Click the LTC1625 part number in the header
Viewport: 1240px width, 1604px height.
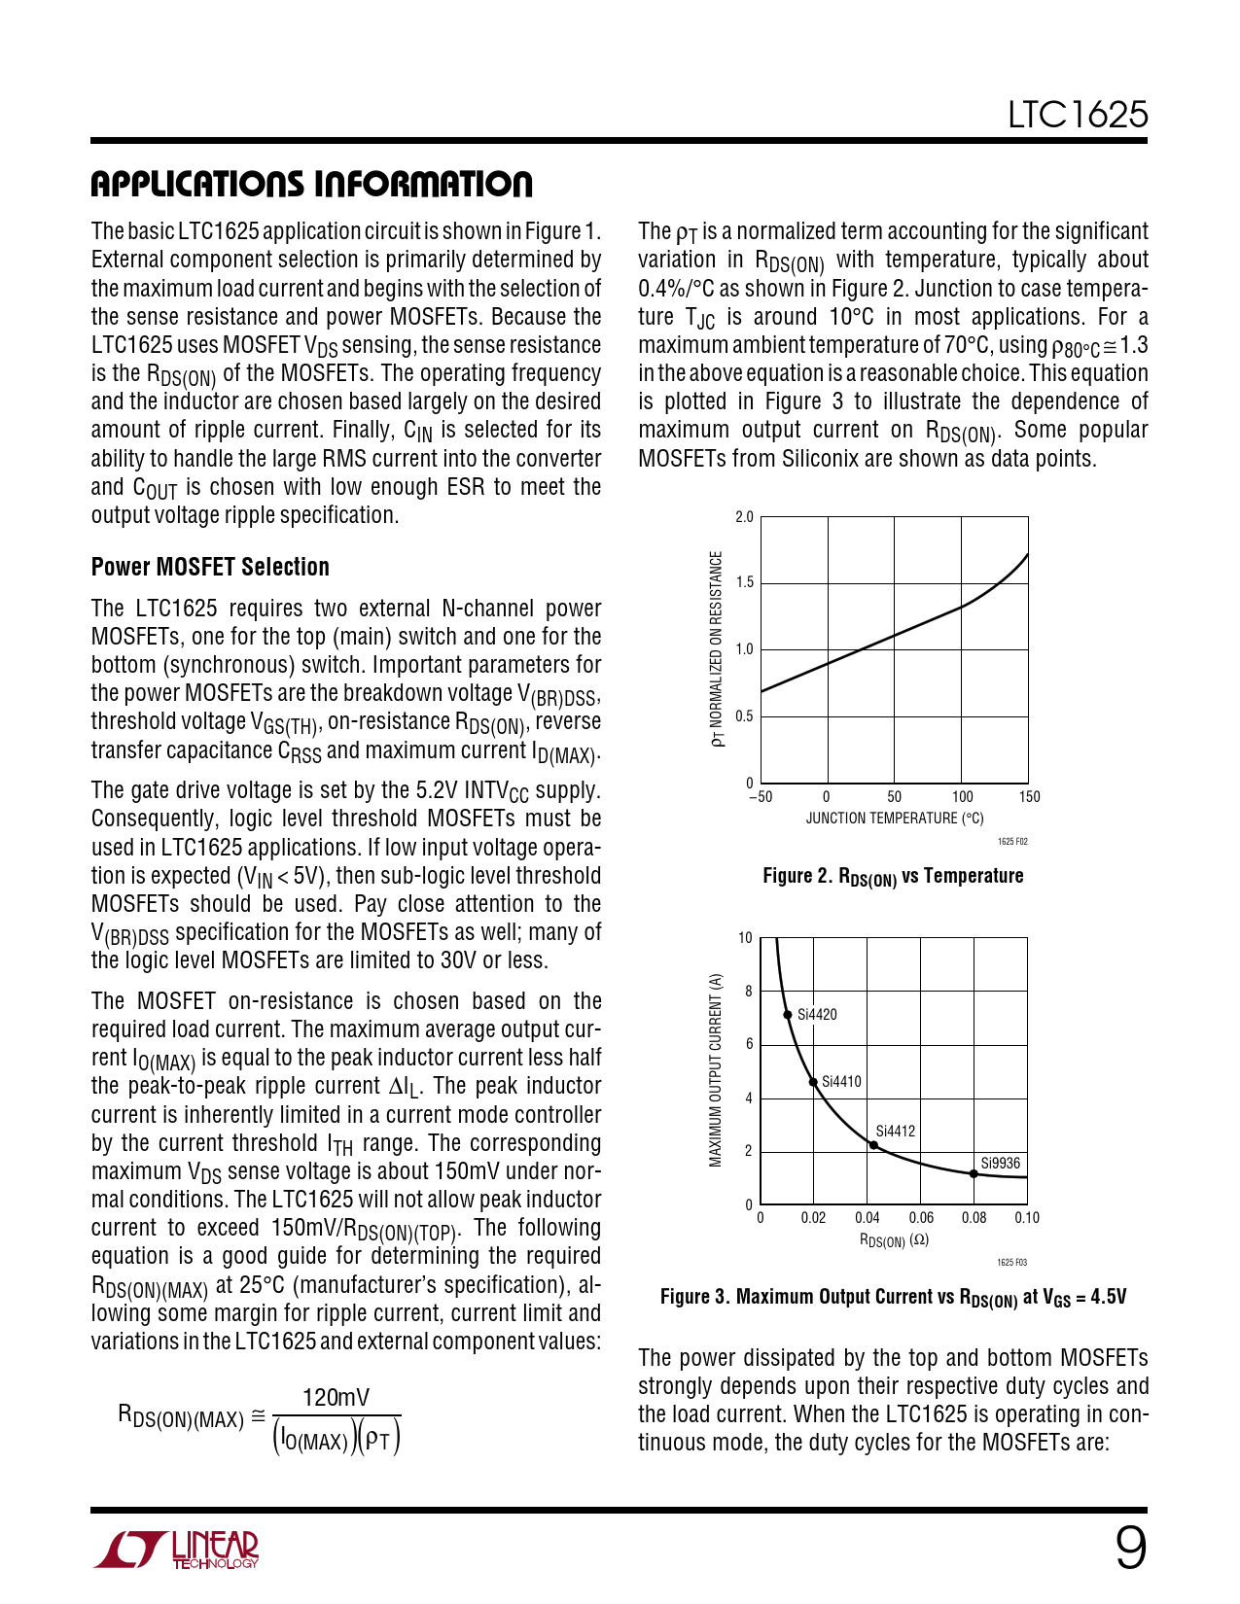1078,115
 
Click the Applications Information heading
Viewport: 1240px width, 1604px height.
311,184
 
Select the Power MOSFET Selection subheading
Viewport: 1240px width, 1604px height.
210,567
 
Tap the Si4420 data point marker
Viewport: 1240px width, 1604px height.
788,1015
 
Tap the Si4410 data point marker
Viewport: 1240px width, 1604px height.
813,1082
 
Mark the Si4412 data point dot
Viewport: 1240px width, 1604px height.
873,1145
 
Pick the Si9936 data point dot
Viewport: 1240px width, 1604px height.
974,1173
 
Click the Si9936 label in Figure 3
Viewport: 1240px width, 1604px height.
1000,1163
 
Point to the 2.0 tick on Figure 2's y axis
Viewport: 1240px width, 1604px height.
744,517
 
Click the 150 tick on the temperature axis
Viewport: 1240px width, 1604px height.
1029,797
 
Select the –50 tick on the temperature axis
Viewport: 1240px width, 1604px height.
760,797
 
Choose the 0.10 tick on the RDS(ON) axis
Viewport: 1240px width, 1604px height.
1027,1218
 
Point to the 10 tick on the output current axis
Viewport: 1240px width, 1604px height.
745,938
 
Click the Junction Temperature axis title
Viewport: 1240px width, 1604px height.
894,819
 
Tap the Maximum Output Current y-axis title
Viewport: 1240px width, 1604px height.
716,1069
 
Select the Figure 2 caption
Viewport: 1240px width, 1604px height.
893,877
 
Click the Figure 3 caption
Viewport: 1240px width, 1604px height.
893,1298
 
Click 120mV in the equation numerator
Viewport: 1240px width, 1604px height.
336,1398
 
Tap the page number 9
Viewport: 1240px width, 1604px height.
1130,1548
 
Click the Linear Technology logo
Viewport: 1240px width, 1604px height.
177,1550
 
